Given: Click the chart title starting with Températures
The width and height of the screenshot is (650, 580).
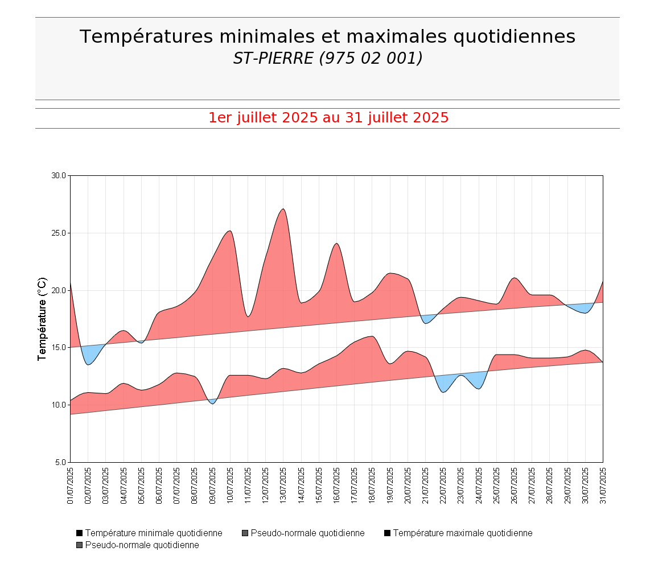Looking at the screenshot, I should [x=327, y=36].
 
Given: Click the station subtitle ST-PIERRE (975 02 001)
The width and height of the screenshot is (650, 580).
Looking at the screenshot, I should [x=327, y=58].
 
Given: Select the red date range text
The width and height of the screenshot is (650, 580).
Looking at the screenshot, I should [x=328, y=118].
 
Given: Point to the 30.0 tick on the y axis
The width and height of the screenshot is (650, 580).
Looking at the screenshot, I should [x=59, y=175].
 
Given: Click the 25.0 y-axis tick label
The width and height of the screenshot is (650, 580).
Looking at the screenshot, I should [x=59, y=233].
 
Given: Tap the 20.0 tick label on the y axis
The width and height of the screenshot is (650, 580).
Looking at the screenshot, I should [x=59, y=290].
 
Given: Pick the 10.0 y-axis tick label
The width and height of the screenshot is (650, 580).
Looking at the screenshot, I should [x=59, y=405].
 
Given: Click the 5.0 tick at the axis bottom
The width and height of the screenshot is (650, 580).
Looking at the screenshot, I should [x=60, y=462].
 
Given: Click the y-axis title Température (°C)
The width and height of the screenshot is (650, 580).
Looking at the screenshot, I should [x=42, y=319].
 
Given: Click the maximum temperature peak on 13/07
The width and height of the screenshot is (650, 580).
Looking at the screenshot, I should [x=283, y=209].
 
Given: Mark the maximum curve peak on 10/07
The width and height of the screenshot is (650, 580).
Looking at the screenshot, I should [x=229, y=231].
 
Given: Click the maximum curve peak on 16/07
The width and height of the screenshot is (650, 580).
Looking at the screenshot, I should [x=336, y=244].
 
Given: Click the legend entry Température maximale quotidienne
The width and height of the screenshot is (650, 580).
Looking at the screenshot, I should [x=462, y=533].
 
